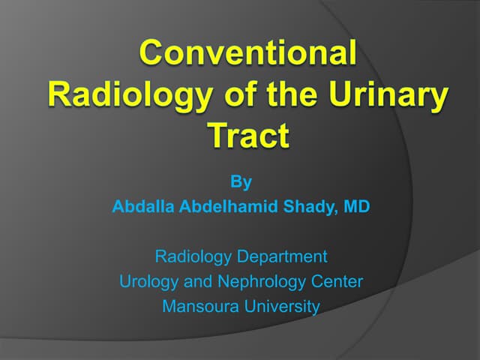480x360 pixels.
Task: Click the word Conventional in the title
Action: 247,55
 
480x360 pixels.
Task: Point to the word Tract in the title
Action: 247,136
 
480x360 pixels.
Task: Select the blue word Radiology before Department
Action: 193,256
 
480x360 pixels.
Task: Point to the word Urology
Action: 146,282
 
